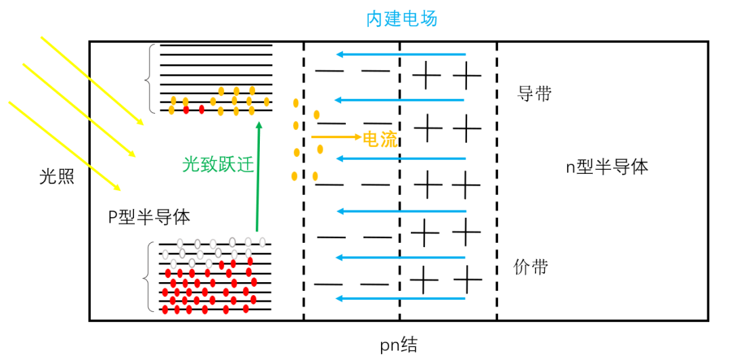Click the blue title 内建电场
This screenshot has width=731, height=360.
402,18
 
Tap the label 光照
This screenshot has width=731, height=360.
56,178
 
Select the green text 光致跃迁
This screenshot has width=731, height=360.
219,164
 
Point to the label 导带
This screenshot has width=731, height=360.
534,93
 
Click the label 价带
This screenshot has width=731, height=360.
531,267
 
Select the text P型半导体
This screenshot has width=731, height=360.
150,217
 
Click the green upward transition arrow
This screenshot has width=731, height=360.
258,176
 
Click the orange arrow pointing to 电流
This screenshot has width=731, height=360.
336,137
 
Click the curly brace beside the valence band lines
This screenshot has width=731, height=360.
148,277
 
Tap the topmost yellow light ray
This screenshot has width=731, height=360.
92,81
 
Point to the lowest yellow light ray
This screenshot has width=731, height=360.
64,145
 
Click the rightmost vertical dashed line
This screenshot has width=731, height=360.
497,180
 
